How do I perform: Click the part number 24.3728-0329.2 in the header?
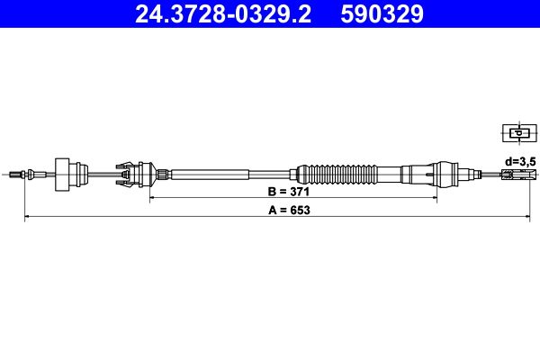(223, 14)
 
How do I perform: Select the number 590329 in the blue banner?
(382, 14)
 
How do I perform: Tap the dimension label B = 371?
(289, 191)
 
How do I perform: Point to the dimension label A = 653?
(289, 210)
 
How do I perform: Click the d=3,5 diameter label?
(520, 161)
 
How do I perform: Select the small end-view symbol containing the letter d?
(519, 133)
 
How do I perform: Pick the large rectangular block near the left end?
(62, 175)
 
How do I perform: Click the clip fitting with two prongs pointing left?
(126, 175)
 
